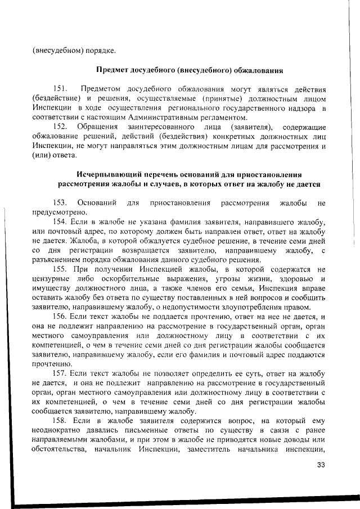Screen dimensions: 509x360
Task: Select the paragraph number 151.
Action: (61, 89)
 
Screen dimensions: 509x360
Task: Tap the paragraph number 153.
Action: (61, 202)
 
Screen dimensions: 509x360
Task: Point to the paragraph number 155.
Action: (61, 269)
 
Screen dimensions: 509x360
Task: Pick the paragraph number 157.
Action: (61, 373)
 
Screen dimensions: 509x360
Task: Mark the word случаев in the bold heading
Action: (168, 183)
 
